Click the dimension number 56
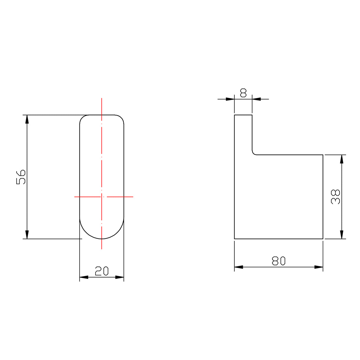click(21, 177)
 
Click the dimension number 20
click(102, 271)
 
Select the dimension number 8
click(243, 93)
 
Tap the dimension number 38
click(336, 197)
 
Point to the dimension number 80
click(278, 261)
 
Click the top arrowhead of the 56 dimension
click(27, 119)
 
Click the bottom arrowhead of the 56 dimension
click(27, 235)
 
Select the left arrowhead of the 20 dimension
click(84, 277)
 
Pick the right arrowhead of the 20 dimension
click(120, 277)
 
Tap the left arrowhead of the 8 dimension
click(230, 99)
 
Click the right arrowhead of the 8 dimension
click(257, 99)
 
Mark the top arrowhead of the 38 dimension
click(342, 159)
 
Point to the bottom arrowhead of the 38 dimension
click(342, 235)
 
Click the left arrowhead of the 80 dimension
click(239, 267)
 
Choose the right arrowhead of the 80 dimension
click(319, 267)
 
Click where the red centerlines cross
click(102, 197)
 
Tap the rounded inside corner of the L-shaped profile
click(254, 153)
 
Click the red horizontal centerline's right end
click(133, 197)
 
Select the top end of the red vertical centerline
click(102, 98)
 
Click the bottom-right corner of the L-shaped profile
click(323, 239)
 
